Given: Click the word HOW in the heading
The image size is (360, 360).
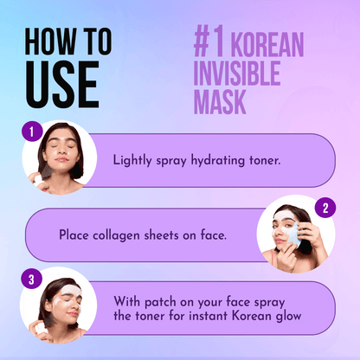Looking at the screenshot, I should pos(49,41).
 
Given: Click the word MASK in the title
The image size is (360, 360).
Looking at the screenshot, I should pos(220,102).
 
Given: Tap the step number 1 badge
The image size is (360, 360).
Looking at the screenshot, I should pos(31,132).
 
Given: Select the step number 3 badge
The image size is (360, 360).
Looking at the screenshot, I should pos(31,280).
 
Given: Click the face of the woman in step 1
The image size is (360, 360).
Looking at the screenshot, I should pos(60,157).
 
